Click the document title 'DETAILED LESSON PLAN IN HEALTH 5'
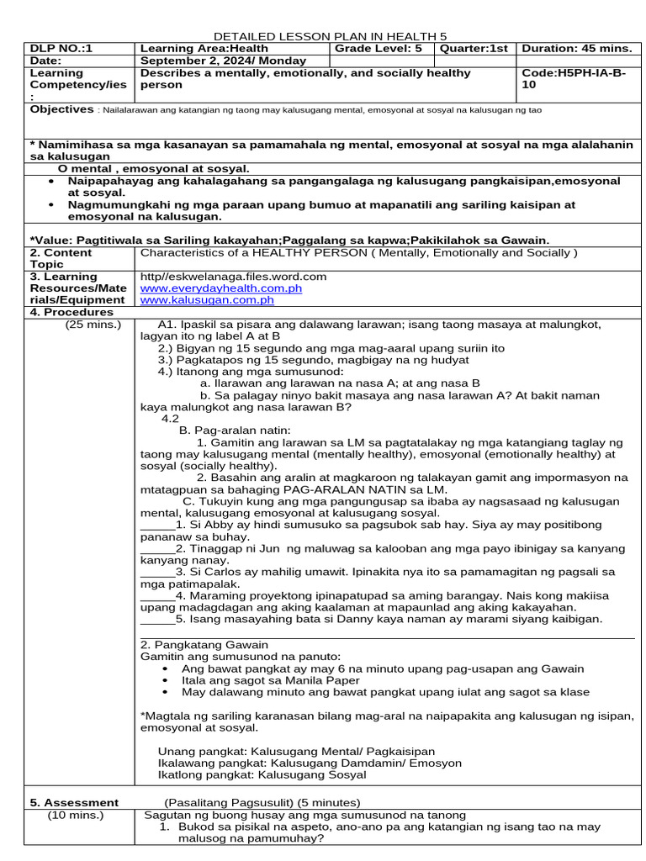click(330, 36)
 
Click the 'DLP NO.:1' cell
click(61, 49)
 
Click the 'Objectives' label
click(61, 109)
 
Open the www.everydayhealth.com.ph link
click(221, 288)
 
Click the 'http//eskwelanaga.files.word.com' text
click(233, 276)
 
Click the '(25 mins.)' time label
click(93, 324)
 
